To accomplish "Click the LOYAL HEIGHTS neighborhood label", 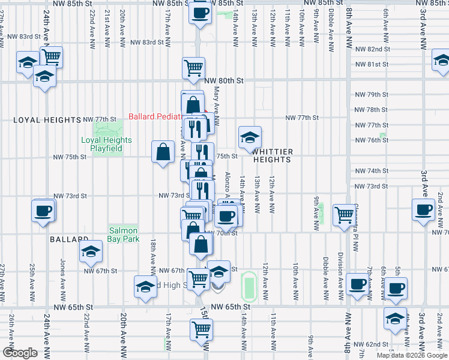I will (x=47, y=120).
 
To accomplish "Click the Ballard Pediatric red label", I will (x=156, y=116).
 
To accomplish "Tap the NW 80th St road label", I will (x=224, y=80).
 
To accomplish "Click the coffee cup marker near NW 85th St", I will (x=200, y=12).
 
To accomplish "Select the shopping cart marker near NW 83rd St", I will (x=52, y=57).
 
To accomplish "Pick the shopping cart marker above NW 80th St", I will (x=193, y=68).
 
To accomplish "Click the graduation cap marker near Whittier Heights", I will (x=250, y=137).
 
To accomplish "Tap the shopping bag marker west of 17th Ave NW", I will (x=164, y=152).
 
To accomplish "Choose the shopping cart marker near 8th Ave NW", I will (x=344, y=214).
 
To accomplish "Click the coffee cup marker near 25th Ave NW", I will (x=44, y=211).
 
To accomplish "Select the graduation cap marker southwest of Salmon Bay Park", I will (x=91, y=251).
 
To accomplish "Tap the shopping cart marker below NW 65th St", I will (x=201, y=329).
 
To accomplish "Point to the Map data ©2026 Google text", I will (x=412, y=355).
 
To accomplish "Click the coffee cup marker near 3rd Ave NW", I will (x=423, y=209).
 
